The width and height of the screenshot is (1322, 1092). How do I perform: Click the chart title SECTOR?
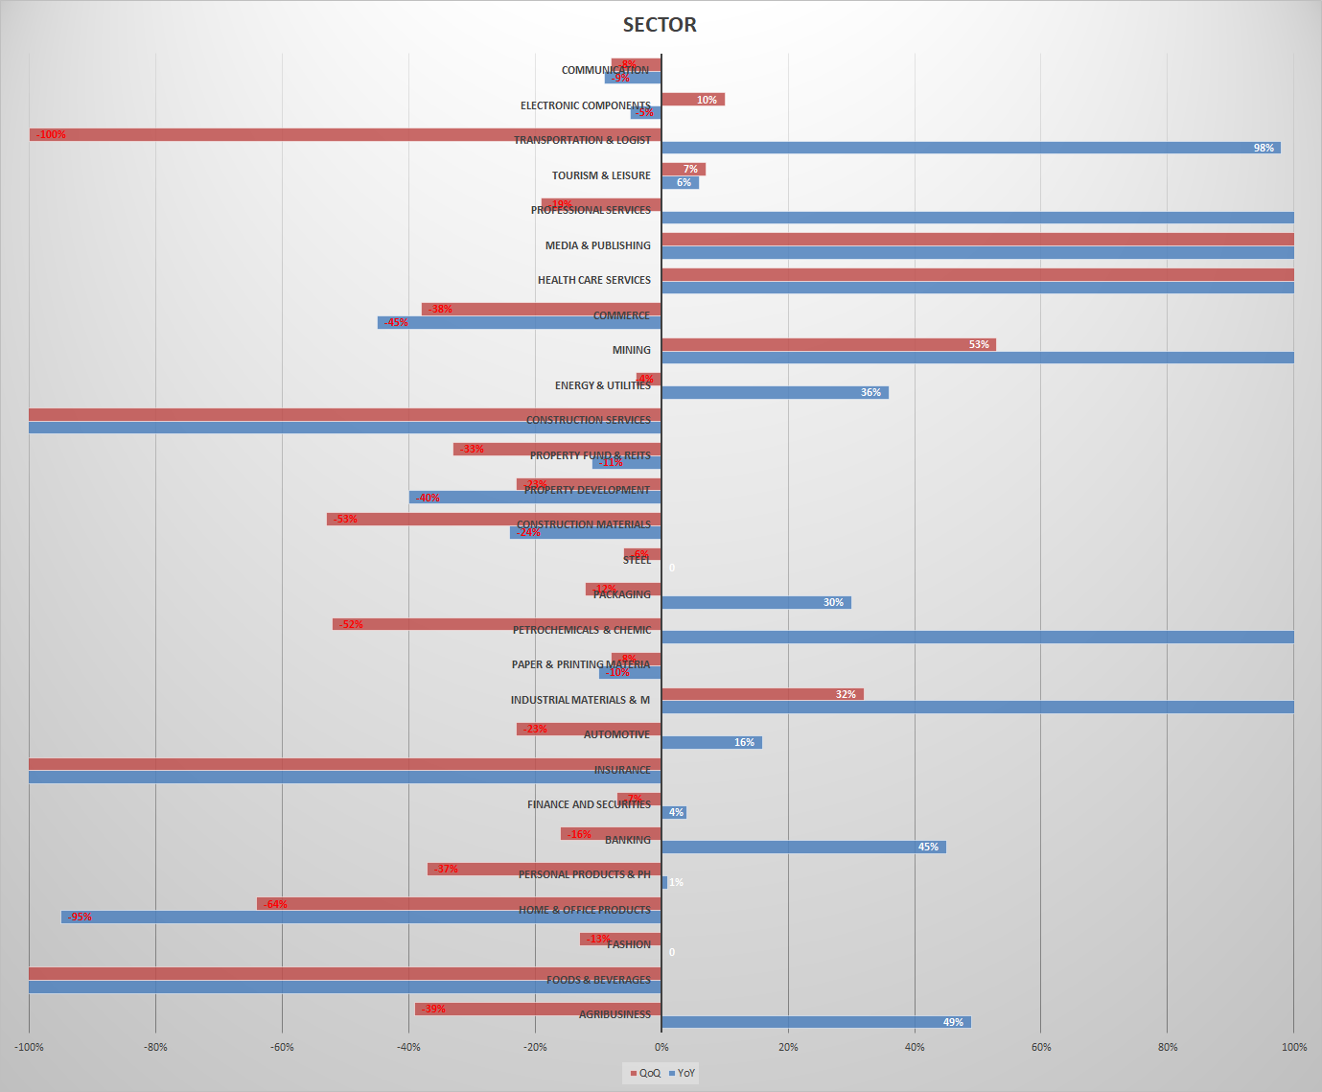click(660, 25)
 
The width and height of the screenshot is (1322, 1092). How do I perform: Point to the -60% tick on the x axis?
click(282, 1047)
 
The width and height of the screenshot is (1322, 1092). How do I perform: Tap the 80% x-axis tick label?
click(1168, 1047)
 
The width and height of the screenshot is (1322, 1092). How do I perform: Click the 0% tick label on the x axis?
click(661, 1047)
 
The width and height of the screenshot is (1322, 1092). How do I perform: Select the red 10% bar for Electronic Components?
click(692, 100)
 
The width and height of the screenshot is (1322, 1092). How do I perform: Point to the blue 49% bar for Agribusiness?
click(815, 1022)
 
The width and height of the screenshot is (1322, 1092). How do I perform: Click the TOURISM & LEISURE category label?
click(601, 175)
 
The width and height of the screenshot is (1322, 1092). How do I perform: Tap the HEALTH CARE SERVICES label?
click(594, 280)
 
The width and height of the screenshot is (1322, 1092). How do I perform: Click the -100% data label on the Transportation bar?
click(51, 135)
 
